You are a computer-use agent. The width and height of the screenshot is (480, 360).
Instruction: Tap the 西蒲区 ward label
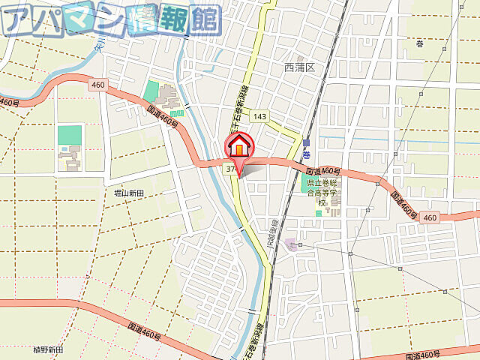[301, 67]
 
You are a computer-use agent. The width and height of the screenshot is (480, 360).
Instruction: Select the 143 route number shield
[259, 116]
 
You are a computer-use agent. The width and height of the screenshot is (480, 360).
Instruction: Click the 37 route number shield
[230, 169]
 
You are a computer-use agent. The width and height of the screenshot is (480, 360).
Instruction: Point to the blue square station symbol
[307, 142]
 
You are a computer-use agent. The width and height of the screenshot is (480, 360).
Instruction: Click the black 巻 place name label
[419, 43]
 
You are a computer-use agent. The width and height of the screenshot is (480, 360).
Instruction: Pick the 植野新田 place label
[48, 350]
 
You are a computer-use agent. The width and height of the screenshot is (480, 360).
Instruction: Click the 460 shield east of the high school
[429, 217]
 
